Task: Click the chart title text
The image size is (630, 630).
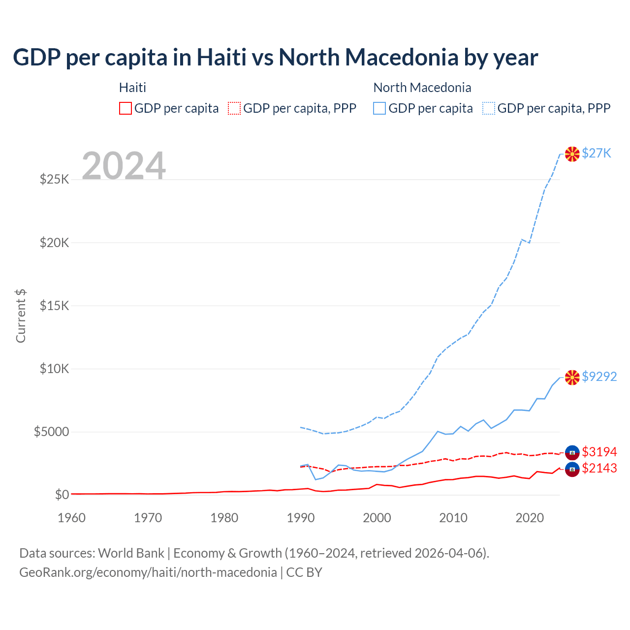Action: [275, 58]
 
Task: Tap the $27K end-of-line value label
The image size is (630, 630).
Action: [597, 154]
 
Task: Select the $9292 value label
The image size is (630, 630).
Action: [599, 377]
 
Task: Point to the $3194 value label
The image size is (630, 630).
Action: [599, 452]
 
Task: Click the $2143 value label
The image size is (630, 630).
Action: [599, 468]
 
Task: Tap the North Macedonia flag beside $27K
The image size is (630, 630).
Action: [572, 154]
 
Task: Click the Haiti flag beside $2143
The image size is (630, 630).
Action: [572, 469]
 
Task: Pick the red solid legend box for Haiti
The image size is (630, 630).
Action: [126, 108]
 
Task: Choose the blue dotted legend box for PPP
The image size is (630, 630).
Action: [489, 108]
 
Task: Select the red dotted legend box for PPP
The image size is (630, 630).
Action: [234, 108]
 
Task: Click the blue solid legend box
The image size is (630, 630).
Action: [379, 108]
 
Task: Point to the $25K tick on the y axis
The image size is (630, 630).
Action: [55, 179]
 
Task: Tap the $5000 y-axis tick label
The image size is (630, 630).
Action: [51, 432]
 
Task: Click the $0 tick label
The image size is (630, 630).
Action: [62, 495]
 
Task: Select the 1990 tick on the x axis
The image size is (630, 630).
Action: [301, 518]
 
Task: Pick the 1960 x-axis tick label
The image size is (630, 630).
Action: [72, 518]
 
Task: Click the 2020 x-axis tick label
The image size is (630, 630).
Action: [530, 518]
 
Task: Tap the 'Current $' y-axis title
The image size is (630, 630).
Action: [21, 316]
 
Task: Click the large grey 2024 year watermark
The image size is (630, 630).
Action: [124, 166]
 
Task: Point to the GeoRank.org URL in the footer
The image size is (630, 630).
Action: [148, 572]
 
